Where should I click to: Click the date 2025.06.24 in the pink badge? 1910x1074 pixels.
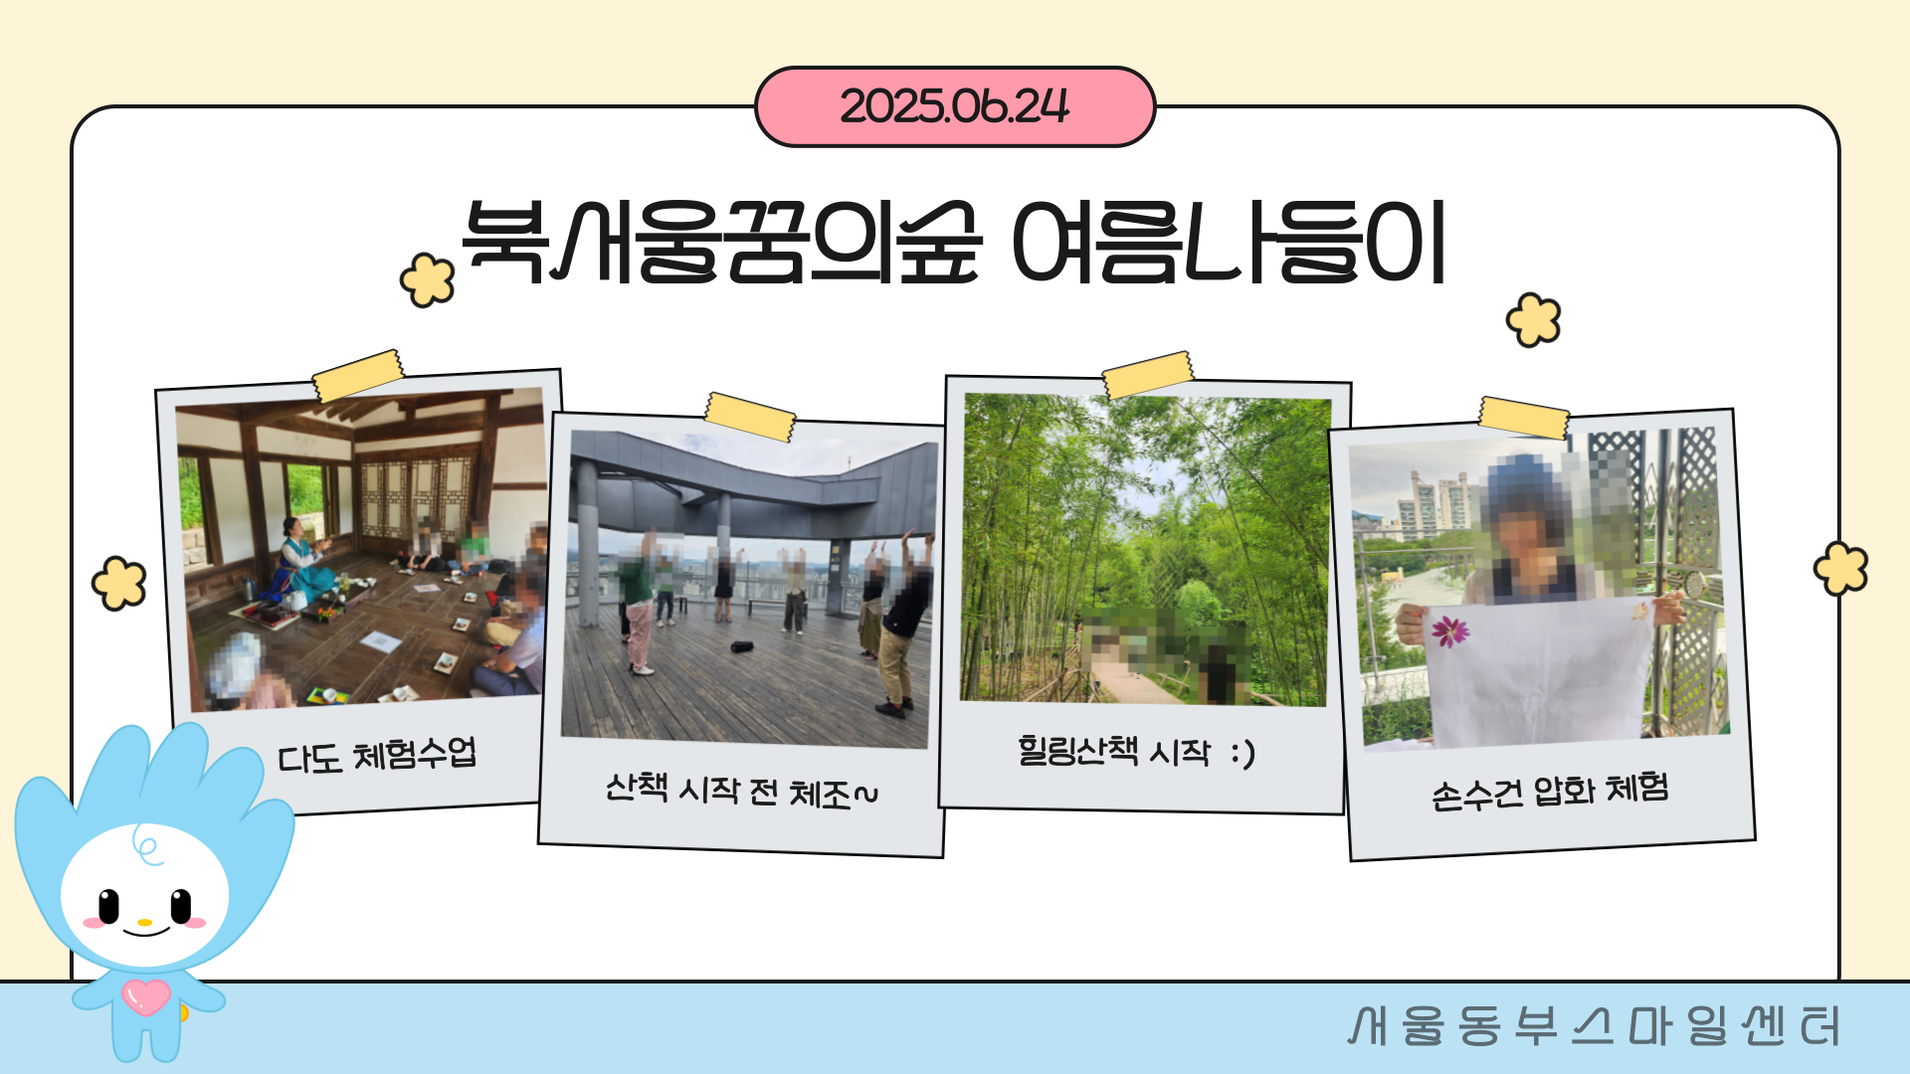point(955,106)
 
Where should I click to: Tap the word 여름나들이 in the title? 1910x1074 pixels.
point(1229,242)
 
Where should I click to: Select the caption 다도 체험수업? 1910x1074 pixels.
point(377,755)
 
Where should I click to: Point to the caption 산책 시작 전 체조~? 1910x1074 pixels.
point(742,792)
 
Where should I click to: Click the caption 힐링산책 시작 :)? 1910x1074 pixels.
point(1136,751)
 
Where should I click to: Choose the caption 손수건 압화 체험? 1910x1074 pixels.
point(1550,792)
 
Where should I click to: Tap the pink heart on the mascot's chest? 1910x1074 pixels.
point(146,996)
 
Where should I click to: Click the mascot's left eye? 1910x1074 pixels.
point(107,906)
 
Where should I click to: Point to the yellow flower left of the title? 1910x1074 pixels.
point(427,279)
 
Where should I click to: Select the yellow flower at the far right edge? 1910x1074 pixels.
point(1840,569)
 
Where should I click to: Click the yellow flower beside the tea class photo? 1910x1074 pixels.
point(119,583)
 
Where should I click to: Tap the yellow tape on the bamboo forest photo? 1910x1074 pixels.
point(1148,374)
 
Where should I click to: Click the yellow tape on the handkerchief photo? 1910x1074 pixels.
point(1524,418)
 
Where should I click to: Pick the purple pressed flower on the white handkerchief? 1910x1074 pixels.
point(1449,630)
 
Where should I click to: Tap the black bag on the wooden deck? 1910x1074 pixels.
point(742,647)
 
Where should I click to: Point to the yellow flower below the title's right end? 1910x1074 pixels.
point(1533,320)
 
